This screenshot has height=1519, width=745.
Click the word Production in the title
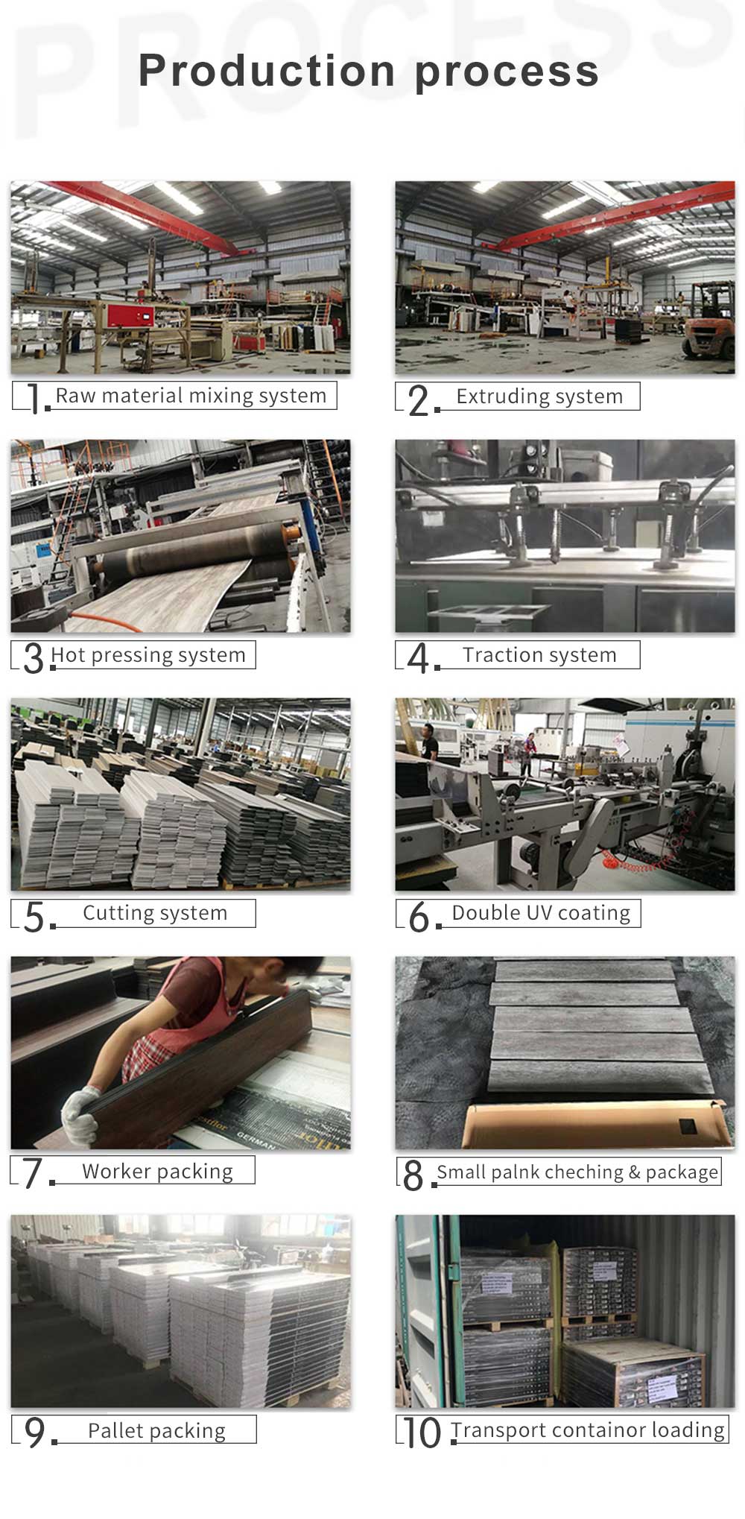coord(267,71)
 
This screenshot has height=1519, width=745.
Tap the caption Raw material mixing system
coord(191,396)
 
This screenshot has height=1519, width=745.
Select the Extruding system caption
coord(539,397)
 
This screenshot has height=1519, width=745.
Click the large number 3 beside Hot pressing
coord(34,658)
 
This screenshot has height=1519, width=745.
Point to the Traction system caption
coord(539,655)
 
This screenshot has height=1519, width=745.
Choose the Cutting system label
coord(155,913)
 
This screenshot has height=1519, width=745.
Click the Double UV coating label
coord(541,913)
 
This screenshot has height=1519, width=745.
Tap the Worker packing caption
coord(157,1172)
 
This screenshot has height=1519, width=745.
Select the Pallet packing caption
coord(156,1431)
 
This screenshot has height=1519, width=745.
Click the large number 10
coord(422,1433)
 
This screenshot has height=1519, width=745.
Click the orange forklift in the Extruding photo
coord(708,320)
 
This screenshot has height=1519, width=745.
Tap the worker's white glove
coord(80,1114)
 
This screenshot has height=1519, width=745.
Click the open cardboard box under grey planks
coord(593,1122)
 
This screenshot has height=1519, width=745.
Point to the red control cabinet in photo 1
coord(132,316)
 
